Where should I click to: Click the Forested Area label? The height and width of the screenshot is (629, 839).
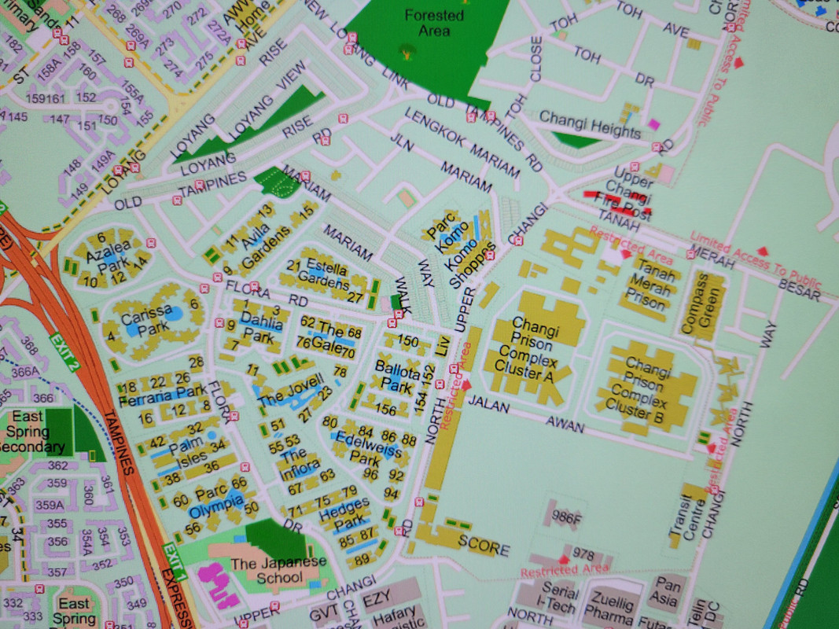[x=434, y=23]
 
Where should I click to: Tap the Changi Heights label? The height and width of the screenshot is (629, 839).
[x=590, y=123]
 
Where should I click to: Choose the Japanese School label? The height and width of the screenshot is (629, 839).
[x=267, y=570]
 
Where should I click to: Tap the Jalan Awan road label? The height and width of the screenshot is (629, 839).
[x=526, y=415]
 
